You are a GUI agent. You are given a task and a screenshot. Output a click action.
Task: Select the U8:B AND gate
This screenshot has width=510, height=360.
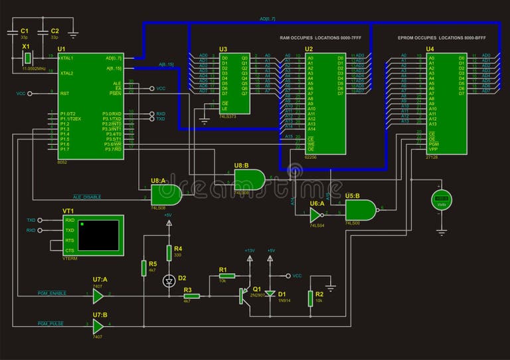[x=249, y=178]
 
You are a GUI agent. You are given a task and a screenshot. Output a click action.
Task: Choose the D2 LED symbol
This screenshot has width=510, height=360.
[x=168, y=281]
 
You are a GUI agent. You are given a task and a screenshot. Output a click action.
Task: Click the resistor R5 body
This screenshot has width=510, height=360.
[x=143, y=268]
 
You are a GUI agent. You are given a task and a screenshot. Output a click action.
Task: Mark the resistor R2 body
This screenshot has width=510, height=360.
[x=310, y=298]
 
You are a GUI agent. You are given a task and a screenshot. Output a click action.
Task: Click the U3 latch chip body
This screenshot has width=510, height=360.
[x=234, y=82]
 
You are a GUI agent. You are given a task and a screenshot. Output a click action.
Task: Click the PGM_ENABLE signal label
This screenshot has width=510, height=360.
[x=52, y=293]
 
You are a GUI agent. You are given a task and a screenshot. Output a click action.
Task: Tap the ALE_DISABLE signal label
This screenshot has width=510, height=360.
[x=87, y=197]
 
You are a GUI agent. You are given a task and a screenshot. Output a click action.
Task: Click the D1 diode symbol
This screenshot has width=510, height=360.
[x=270, y=293]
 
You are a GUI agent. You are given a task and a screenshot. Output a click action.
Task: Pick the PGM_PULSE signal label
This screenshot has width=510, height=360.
[x=50, y=323]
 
